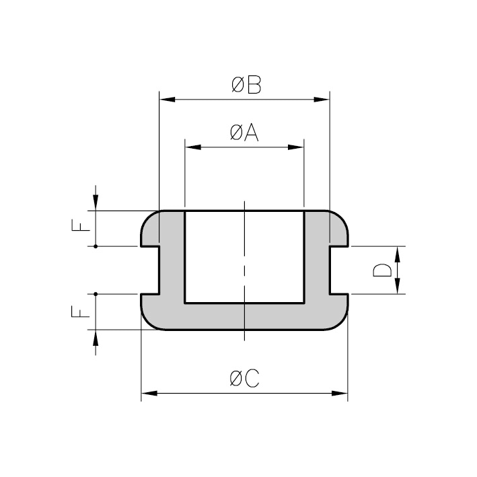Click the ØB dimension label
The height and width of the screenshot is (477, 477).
(x=246, y=85)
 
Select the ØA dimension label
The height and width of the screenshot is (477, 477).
(x=244, y=133)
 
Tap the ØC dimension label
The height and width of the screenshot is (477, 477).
(x=245, y=378)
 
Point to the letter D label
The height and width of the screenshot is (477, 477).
(x=382, y=270)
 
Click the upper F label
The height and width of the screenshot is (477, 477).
(x=81, y=225)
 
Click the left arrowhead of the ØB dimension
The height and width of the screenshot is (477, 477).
(x=167, y=100)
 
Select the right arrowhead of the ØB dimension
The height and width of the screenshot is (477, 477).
(x=322, y=100)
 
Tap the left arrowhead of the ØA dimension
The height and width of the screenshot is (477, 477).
(x=193, y=147)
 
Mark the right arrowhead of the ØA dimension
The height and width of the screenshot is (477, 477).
(x=296, y=147)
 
